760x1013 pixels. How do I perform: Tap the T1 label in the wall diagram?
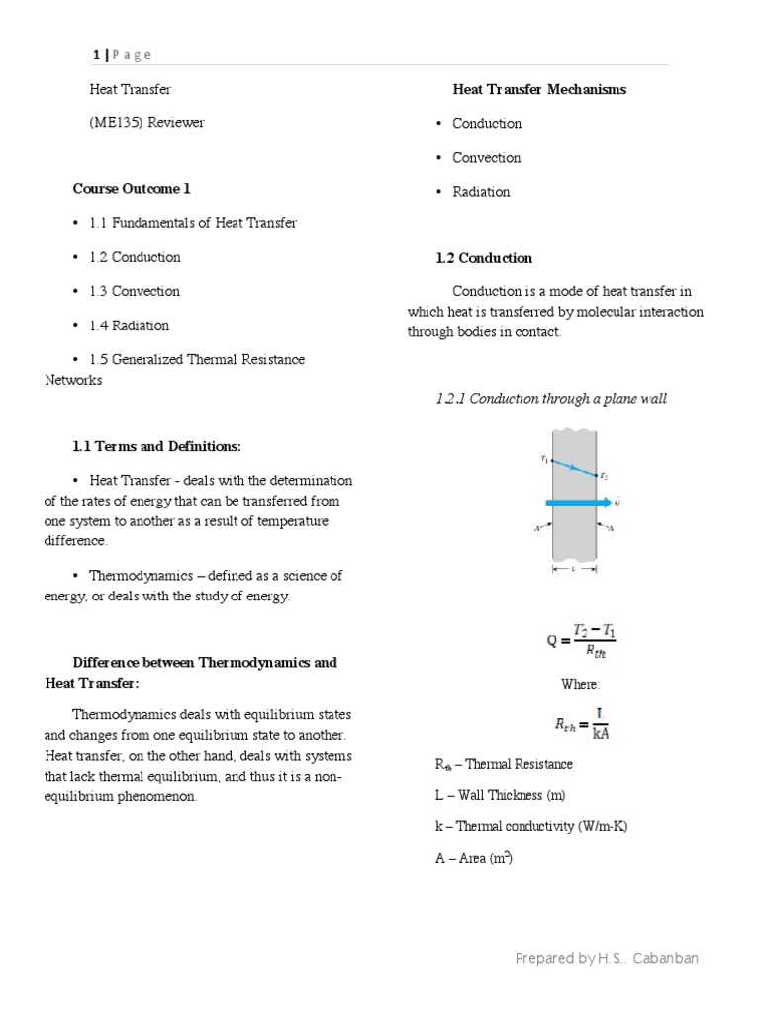tap(543, 458)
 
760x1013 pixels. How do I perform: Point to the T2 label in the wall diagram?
tap(605, 476)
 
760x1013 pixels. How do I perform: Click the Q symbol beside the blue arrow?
tap(617, 503)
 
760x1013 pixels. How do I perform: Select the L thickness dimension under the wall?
tap(574, 569)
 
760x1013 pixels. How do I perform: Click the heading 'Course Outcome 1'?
tap(131, 188)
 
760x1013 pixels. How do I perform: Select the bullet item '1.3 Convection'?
tap(135, 291)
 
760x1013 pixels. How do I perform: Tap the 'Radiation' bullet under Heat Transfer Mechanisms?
tap(481, 192)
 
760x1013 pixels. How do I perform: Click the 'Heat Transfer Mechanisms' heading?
tap(539, 89)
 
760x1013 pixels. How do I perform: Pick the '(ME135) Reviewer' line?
tap(146, 123)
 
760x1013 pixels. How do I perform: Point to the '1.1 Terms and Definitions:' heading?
tap(156, 446)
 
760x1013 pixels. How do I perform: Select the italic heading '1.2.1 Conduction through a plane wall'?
tap(551, 399)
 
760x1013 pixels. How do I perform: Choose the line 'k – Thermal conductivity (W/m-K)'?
tap(531, 826)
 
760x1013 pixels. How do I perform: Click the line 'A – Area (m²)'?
tap(473, 858)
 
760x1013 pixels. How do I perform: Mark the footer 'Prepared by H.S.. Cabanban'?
tap(607, 958)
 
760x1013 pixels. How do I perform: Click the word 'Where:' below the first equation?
tap(581, 684)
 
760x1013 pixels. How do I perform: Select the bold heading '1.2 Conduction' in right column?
tap(484, 258)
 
